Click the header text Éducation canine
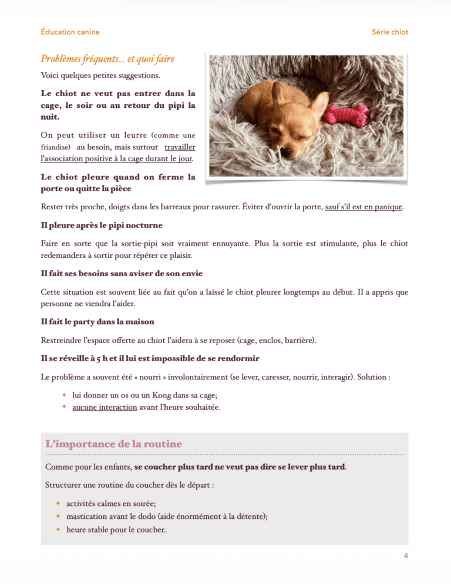click(70, 32)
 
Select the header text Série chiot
click(390, 32)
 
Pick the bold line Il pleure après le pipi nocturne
click(102, 225)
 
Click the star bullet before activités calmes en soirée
click(58, 503)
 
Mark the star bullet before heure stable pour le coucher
click(58, 529)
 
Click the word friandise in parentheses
click(56, 147)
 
